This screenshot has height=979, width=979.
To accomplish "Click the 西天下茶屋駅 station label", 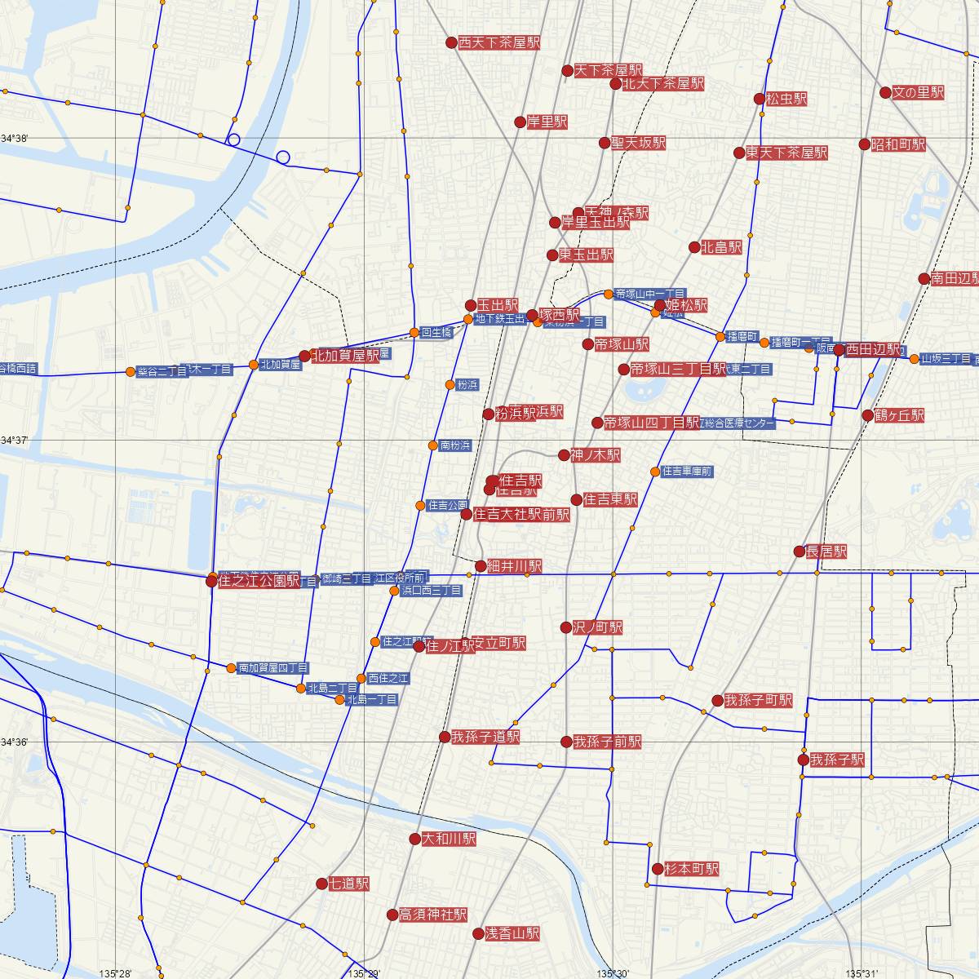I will tap(498, 43).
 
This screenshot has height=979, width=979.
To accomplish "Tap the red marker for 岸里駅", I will tap(521, 122).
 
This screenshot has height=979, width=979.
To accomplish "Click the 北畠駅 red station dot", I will tap(695, 247).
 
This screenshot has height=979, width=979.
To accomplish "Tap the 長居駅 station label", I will tap(826, 552).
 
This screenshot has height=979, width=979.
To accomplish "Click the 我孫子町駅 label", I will tap(758, 701).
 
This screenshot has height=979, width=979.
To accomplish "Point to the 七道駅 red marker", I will tap(323, 884).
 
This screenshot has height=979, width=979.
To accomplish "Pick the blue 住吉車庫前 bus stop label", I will tap(688, 472).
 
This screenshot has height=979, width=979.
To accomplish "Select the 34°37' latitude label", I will tap(15, 441).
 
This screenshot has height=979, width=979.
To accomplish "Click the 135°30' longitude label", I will tap(613, 973).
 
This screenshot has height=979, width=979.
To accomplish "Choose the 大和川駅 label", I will tap(449, 839).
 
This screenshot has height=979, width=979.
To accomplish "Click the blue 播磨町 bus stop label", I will tap(742, 336).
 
